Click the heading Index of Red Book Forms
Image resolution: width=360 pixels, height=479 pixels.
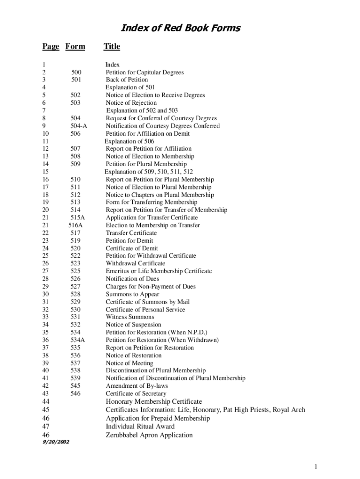point(180,29)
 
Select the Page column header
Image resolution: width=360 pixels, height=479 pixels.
point(51,46)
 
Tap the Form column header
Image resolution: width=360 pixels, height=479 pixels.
point(75,46)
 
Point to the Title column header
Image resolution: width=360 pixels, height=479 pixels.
point(112,46)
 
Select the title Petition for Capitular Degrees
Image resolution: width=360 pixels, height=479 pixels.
point(144,73)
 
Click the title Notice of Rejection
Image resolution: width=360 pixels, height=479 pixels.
point(131,103)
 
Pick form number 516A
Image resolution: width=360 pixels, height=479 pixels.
point(75,225)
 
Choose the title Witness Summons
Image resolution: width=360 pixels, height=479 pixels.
point(130,317)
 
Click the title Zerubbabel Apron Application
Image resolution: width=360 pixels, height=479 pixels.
point(149,435)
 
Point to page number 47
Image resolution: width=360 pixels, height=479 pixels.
point(46,427)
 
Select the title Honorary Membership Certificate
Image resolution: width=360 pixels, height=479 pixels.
point(154,401)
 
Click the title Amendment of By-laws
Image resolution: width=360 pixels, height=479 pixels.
point(137,386)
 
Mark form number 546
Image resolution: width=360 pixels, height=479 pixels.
point(76,394)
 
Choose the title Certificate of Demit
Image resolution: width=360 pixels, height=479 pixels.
point(132,248)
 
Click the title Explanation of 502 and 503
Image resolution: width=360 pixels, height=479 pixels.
point(142,110)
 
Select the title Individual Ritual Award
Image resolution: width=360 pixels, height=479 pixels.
point(140,427)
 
